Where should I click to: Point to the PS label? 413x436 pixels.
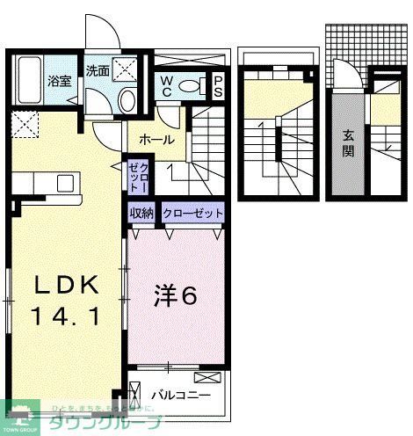[x=218, y=86]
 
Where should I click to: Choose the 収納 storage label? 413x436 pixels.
[x=142, y=213]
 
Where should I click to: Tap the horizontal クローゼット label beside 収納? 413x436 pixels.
[x=192, y=213]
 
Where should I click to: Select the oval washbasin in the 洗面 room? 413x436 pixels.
[x=127, y=99]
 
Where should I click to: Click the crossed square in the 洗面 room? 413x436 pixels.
[x=126, y=69]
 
